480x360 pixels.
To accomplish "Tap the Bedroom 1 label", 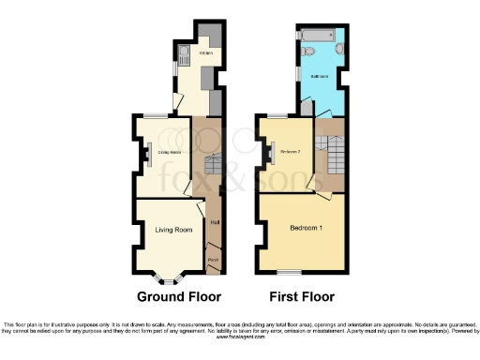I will tap(306, 229).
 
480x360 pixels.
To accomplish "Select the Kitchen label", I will tap(205, 53).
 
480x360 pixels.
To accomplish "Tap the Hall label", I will tap(214, 222).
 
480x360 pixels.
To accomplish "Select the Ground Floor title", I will tap(179, 297).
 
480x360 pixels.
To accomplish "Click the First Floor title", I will tap(302, 297).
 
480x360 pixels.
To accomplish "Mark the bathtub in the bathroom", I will tap(315, 36).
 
